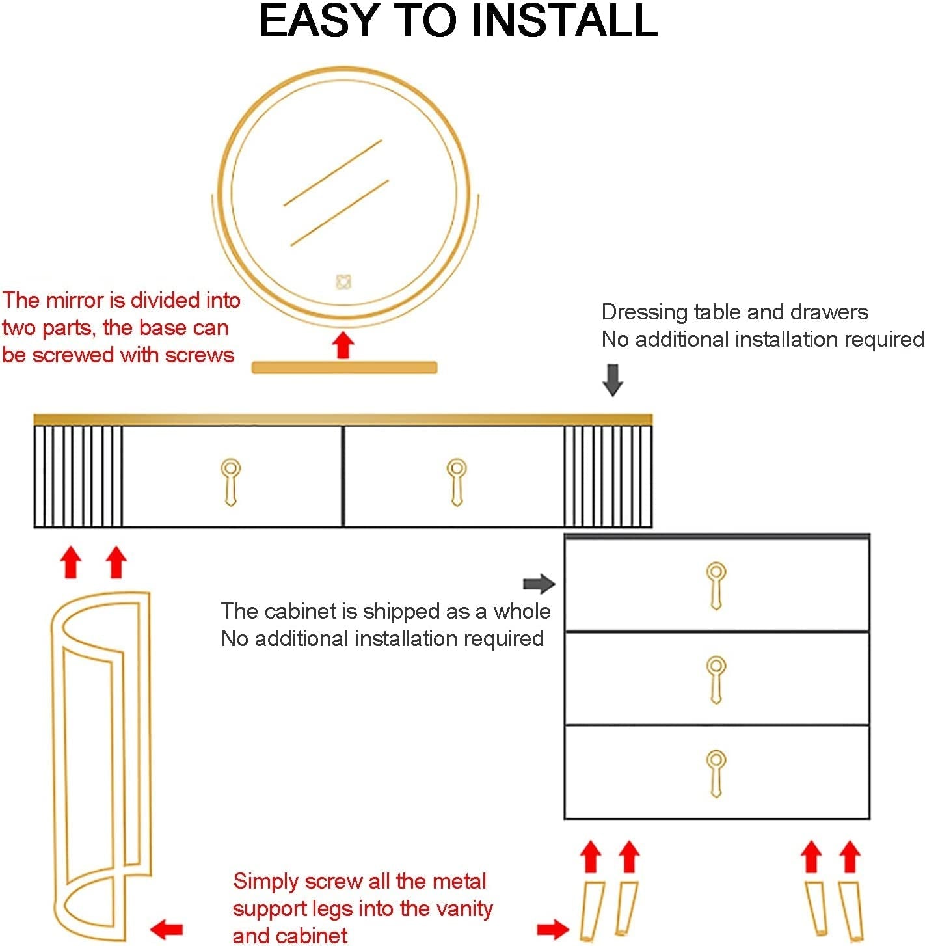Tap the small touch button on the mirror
tap(343, 282)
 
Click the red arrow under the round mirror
tap(343, 345)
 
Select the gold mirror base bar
tap(344, 368)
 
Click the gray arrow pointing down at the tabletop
tap(613, 380)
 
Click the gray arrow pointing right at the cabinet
tap(539, 584)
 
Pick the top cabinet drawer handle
tap(716, 586)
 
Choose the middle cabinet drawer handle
tap(716, 680)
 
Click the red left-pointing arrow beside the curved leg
tap(167, 930)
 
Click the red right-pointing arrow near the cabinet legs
tap(553, 930)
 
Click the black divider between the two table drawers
tap(343, 476)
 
